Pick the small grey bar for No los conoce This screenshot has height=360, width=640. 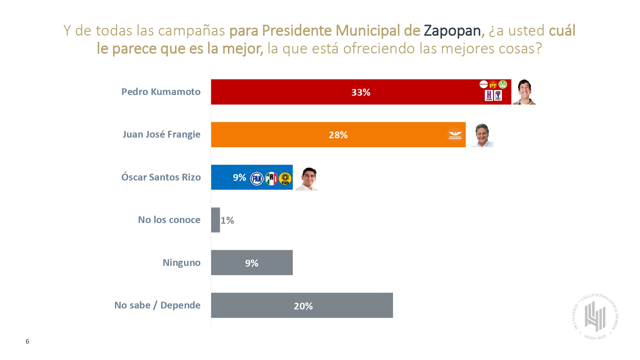pyautogui.click(x=215, y=220)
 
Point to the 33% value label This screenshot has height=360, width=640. pyautogui.click(x=361, y=92)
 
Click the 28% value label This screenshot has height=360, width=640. pyautogui.click(x=338, y=135)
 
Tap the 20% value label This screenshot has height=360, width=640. pyautogui.click(x=303, y=306)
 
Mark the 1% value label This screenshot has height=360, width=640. pyautogui.click(x=227, y=220)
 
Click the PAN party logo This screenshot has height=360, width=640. pyautogui.click(x=257, y=179)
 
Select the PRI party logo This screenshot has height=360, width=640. pyautogui.click(x=271, y=179)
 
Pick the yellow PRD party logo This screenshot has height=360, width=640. pyautogui.click(x=285, y=179)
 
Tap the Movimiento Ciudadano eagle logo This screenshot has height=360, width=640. pyautogui.click(x=455, y=135)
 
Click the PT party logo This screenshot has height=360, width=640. pyautogui.click(x=493, y=85)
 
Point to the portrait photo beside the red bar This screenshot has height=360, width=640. pyautogui.click(x=524, y=92)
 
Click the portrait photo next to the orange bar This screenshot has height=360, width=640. pyautogui.click(x=482, y=135)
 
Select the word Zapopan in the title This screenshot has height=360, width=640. pyautogui.click(x=452, y=31)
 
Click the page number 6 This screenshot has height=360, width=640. pyautogui.click(x=28, y=341)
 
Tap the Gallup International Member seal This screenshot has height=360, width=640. pyautogui.click(x=595, y=316)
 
